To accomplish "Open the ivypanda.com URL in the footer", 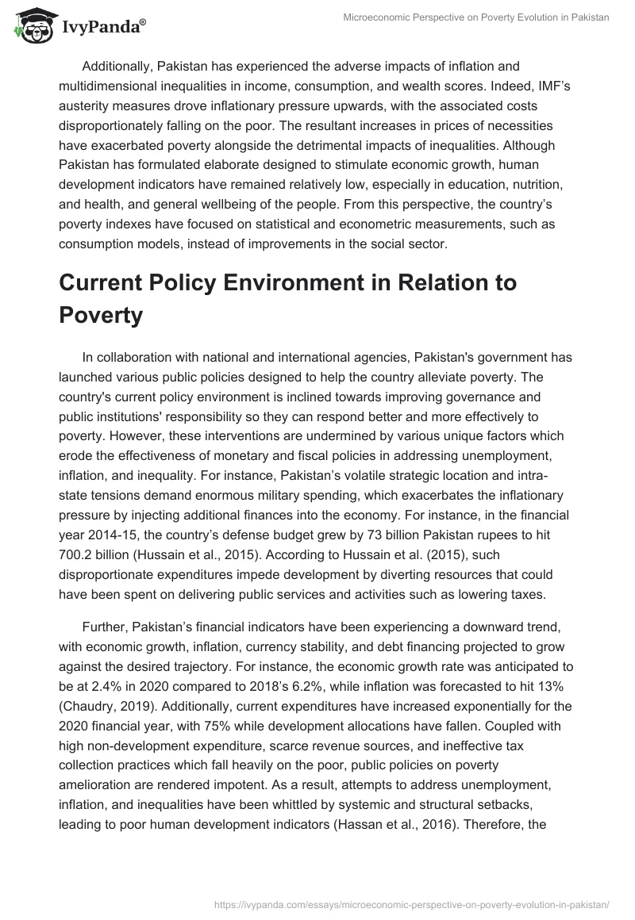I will [x=412, y=903].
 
